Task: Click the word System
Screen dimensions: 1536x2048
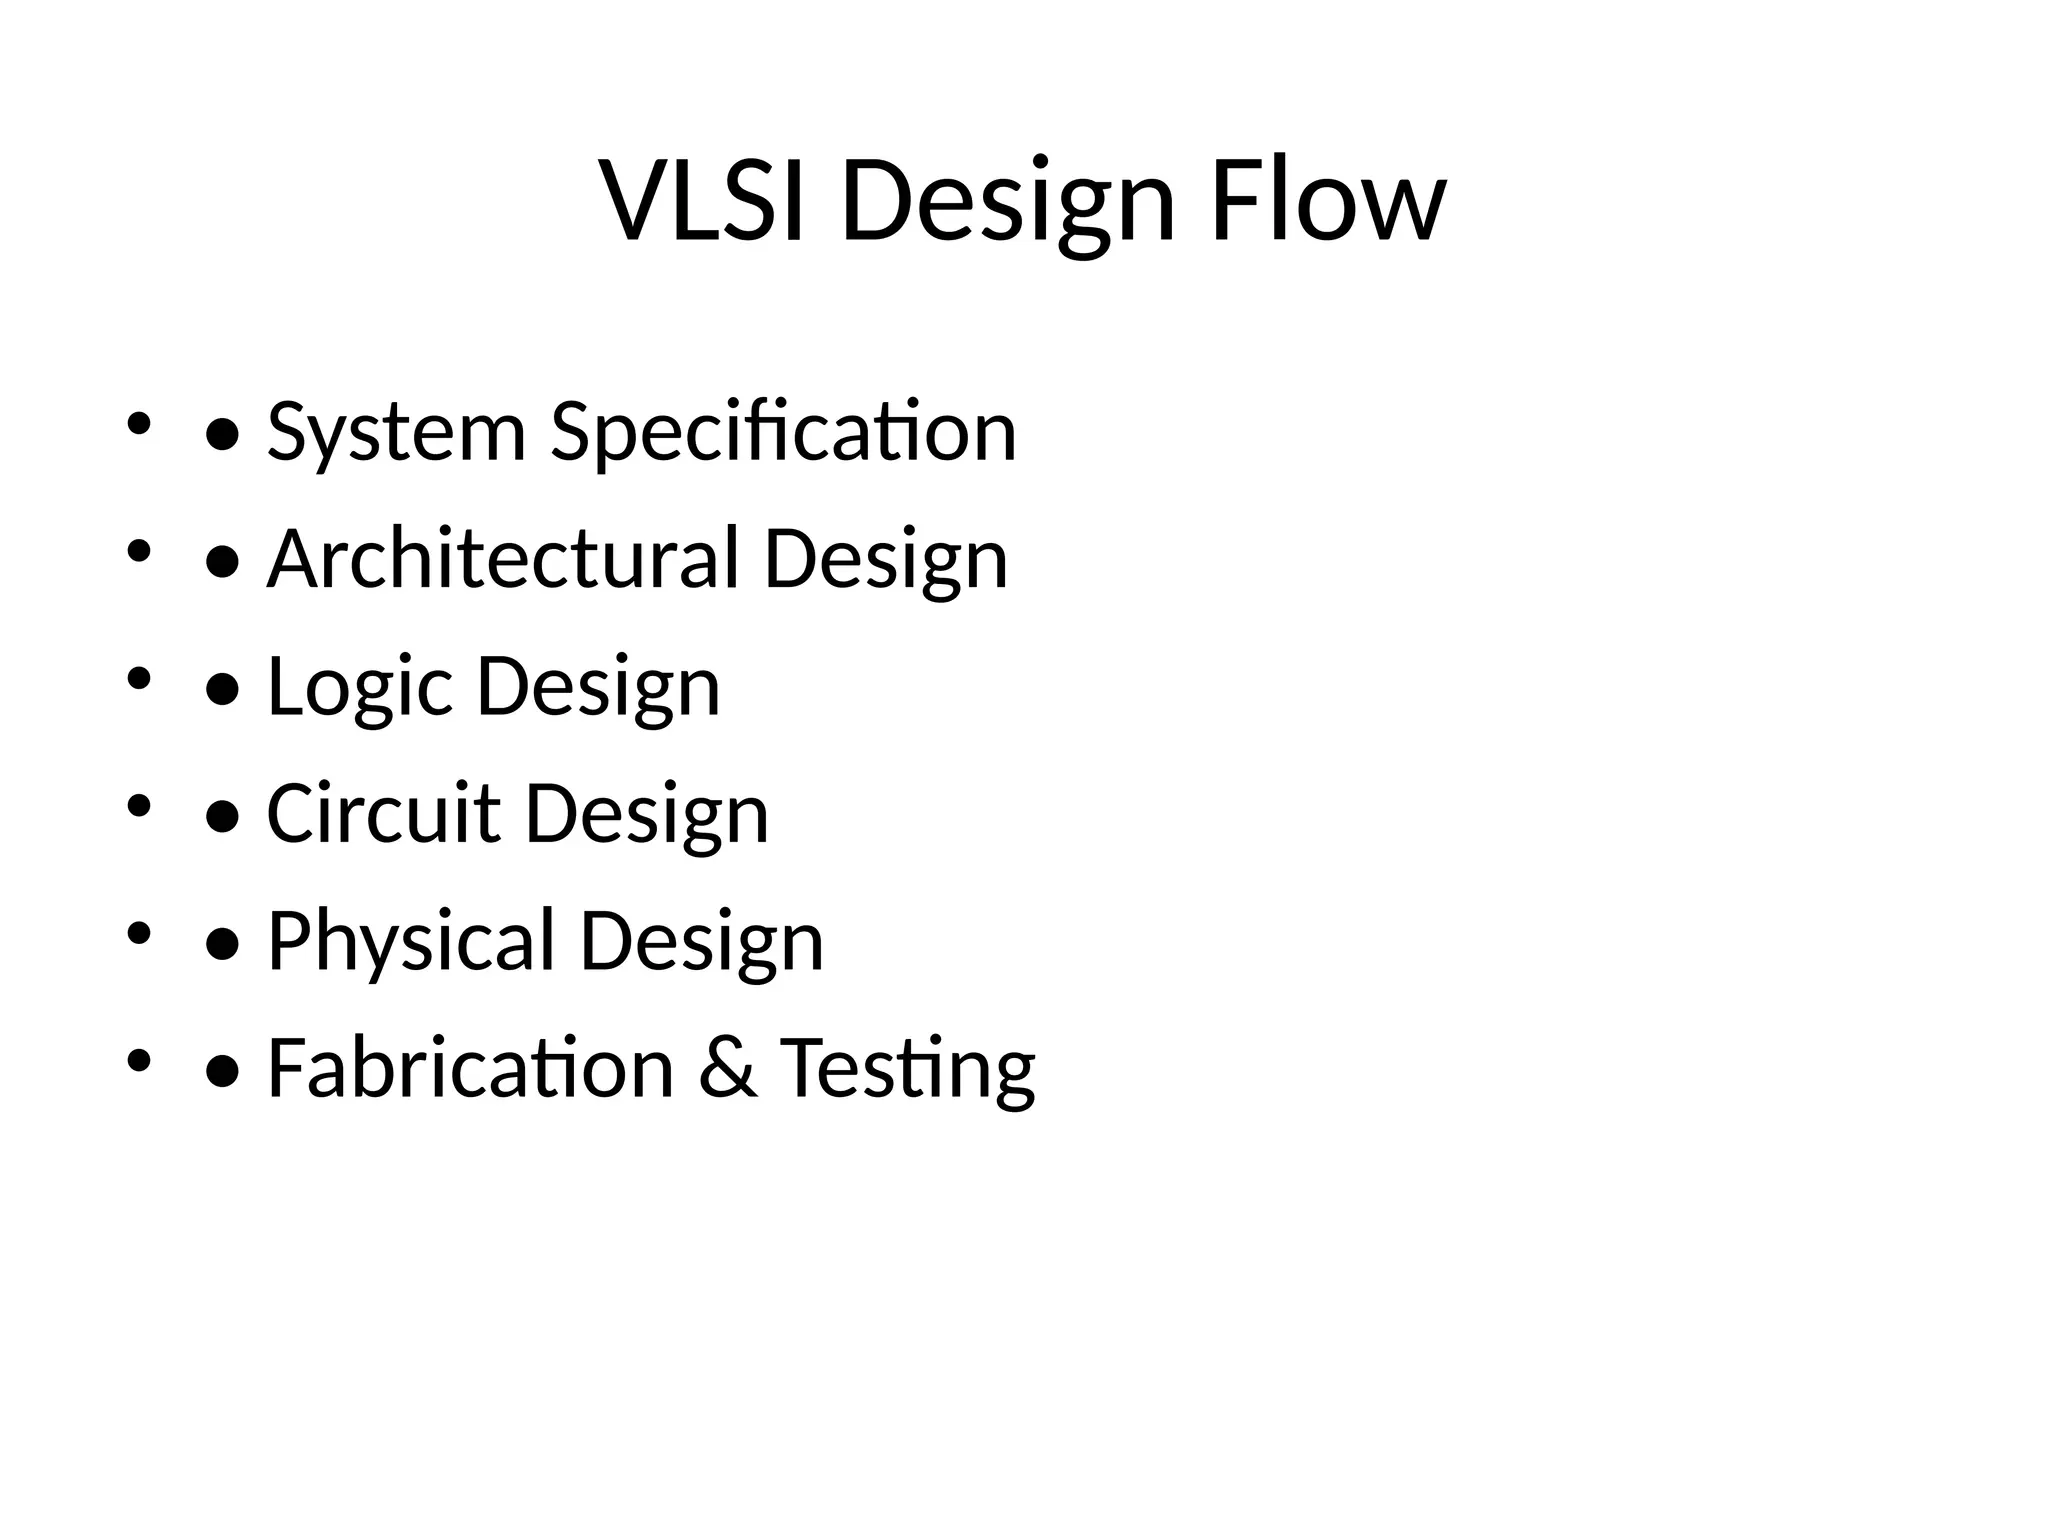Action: (x=396, y=433)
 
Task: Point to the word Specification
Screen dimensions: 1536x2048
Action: (x=783, y=433)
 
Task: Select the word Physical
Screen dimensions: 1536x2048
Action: (x=411, y=942)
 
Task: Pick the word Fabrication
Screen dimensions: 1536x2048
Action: (x=470, y=1068)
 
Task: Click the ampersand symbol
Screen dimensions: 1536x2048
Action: (x=727, y=1068)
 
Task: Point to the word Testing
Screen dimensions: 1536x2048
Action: (x=907, y=1070)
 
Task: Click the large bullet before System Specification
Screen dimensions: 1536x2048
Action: (x=222, y=436)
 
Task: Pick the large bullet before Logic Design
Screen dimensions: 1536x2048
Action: (x=222, y=690)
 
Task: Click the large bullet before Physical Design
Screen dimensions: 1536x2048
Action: (x=222, y=945)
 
